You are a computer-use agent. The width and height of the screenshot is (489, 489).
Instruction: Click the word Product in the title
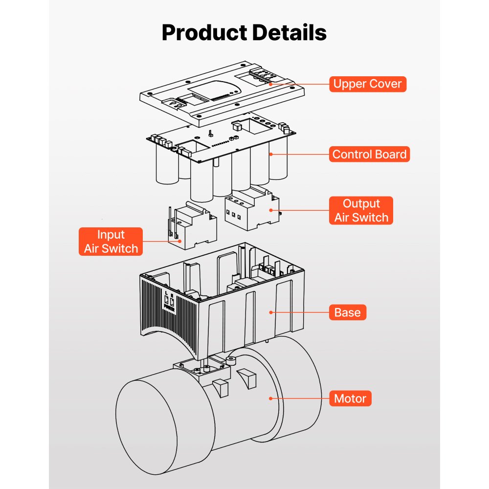point(204,33)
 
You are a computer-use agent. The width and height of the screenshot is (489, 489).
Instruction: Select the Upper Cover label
point(367,84)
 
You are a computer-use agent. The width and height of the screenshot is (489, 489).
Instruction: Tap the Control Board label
point(369,155)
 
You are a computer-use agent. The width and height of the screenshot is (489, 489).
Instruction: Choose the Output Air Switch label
point(361,211)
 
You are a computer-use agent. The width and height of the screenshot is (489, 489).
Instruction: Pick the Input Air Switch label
point(111,242)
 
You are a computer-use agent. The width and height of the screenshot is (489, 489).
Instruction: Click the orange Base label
point(347,312)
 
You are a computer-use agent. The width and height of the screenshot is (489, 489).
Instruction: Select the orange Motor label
point(350,399)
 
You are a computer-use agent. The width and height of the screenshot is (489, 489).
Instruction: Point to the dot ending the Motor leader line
point(270,399)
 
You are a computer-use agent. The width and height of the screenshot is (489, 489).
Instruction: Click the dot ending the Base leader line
point(270,312)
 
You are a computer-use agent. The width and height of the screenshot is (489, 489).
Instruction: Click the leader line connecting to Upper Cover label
point(298,84)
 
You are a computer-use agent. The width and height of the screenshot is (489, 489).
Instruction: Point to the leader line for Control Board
point(298,155)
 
